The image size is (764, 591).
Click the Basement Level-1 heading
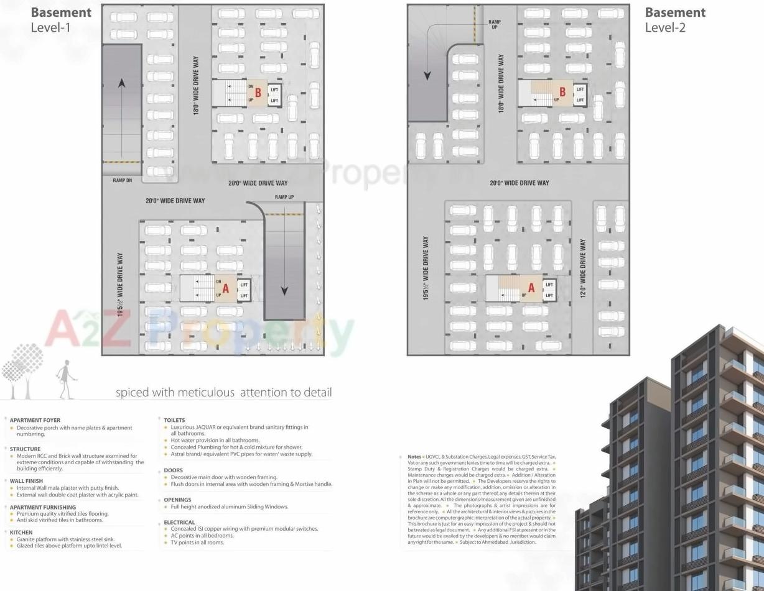coord(61,19)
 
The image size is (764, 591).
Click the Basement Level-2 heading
coord(675,19)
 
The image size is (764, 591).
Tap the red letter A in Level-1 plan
coord(226,288)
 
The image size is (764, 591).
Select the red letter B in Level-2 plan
coord(562,93)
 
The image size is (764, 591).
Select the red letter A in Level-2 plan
coord(531,287)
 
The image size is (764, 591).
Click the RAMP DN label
coord(123,180)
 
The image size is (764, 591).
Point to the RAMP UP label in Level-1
coord(284,197)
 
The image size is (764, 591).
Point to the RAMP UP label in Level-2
coord(495,25)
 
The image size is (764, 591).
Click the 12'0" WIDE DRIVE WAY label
coord(583,268)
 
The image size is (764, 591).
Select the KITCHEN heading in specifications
coord(22,533)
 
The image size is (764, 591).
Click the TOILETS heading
coord(174,420)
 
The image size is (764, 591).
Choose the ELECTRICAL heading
coord(179,523)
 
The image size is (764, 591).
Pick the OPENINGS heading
coord(177,500)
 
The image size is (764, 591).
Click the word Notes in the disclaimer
coord(414,457)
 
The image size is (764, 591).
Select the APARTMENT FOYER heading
coord(35,420)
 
